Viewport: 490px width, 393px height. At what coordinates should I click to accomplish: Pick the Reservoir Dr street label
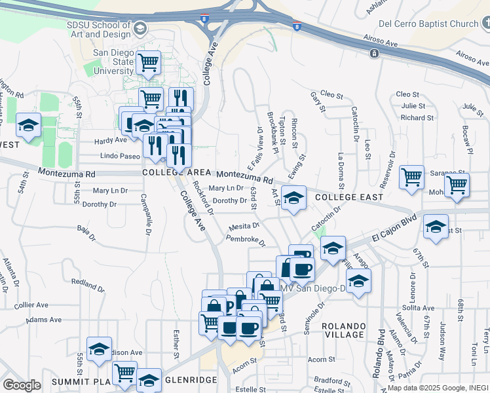click(392, 163)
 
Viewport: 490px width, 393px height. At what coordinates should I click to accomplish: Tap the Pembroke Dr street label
click(246, 240)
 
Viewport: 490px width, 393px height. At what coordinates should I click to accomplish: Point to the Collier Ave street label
click(31, 305)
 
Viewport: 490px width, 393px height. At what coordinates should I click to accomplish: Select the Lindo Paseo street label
click(120, 156)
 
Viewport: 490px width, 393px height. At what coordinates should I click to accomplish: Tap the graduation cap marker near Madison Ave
click(99, 349)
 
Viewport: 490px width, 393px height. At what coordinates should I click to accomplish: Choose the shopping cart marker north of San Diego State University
click(149, 63)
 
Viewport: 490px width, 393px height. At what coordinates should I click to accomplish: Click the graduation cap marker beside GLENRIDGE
click(149, 381)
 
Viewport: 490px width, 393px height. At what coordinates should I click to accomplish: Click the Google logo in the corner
click(22, 385)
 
